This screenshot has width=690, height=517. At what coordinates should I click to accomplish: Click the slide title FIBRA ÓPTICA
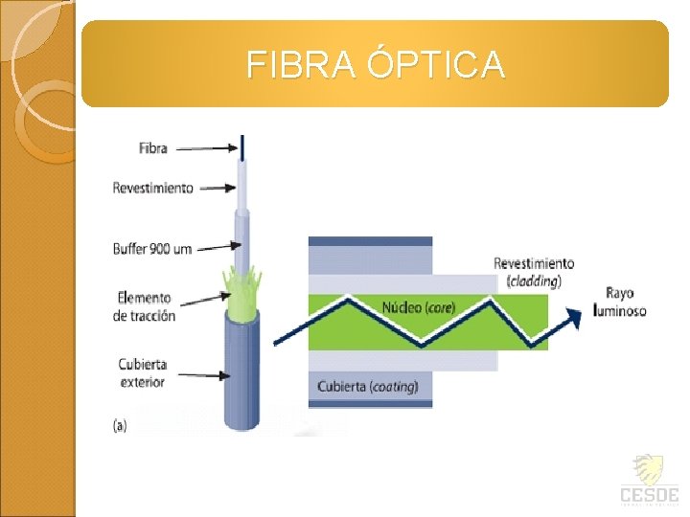(x=375, y=64)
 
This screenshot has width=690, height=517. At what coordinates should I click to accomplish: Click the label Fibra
(x=152, y=148)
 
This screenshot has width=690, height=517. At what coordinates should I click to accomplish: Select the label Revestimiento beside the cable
(x=153, y=188)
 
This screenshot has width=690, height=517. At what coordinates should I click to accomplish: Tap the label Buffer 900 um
(x=152, y=249)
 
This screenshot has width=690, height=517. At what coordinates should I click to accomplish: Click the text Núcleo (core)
(x=419, y=308)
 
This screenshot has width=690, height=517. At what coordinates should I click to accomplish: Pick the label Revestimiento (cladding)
(x=534, y=272)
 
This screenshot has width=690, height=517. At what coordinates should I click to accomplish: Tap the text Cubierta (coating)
(x=368, y=387)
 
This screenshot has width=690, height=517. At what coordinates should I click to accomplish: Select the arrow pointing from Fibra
(x=205, y=148)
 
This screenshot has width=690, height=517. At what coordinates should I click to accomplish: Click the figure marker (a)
(x=121, y=425)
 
